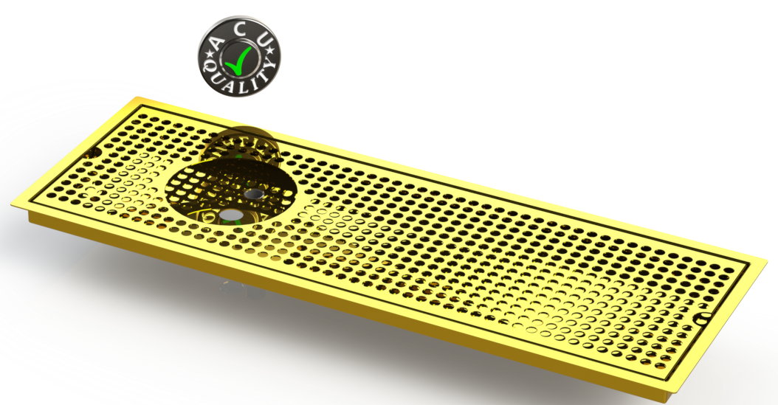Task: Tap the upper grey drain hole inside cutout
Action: pos(254,193)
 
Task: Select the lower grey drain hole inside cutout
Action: pos(231,215)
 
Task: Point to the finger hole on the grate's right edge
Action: pos(703,319)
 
